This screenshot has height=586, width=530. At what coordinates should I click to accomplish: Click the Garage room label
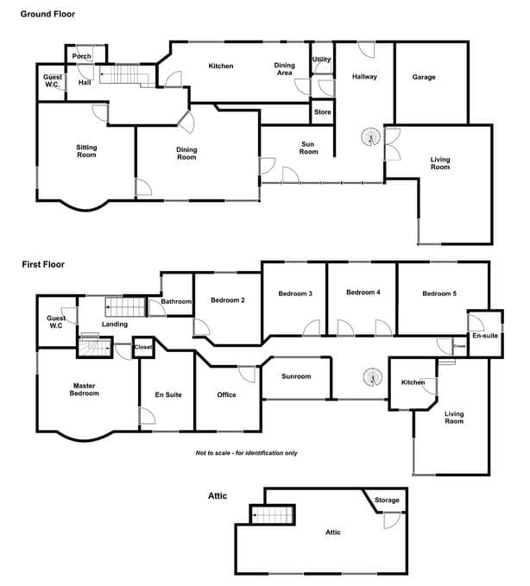coord(424,77)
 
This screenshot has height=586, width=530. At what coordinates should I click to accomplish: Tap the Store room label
coord(322,112)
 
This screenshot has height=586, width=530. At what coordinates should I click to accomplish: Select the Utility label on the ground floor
coord(321,60)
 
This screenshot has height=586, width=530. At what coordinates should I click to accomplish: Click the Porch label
coord(81,56)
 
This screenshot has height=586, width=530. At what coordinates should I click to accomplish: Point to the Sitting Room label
coord(86,151)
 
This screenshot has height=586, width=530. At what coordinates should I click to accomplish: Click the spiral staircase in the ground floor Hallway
coord(371,136)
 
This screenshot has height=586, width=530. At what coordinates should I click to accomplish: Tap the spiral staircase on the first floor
coord(373,377)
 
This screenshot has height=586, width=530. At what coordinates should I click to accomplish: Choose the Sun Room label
coord(308,148)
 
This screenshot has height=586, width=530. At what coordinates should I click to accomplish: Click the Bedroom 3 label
coord(295,293)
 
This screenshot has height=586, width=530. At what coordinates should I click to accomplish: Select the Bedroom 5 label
coord(439,293)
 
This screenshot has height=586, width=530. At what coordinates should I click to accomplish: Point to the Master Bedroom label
coord(84,389)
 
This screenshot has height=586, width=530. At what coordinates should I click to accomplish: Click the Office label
coord(226,394)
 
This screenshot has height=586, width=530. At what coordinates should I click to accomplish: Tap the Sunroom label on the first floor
coord(296,376)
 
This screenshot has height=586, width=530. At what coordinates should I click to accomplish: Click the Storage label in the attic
coord(387,500)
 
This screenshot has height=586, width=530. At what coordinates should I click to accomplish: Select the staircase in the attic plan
coord(273,515)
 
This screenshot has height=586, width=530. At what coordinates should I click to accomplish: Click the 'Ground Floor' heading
coord(47,14)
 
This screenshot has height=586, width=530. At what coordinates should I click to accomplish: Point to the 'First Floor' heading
coord(43,265)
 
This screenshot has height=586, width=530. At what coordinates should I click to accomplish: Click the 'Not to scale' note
coord(247,453)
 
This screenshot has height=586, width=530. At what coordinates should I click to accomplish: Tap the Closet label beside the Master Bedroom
coord(143,347)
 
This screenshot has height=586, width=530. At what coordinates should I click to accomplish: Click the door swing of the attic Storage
coord(392,520)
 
